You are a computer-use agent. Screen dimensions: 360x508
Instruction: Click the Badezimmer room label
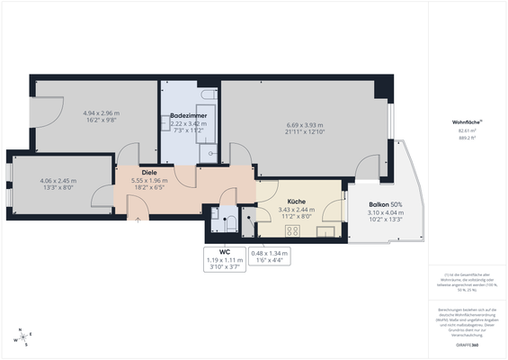click(190, 116)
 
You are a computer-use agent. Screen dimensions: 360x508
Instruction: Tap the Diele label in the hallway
click(149, 173)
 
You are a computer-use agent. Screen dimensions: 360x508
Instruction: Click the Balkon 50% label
click(385, 206)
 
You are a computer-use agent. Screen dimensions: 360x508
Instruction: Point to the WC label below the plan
click(225, 252)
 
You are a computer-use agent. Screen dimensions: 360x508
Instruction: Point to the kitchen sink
click(325, 231)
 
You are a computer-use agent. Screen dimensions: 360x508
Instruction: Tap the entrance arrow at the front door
click(137, 220)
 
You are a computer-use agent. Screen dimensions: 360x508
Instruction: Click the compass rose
click(22, 338)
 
